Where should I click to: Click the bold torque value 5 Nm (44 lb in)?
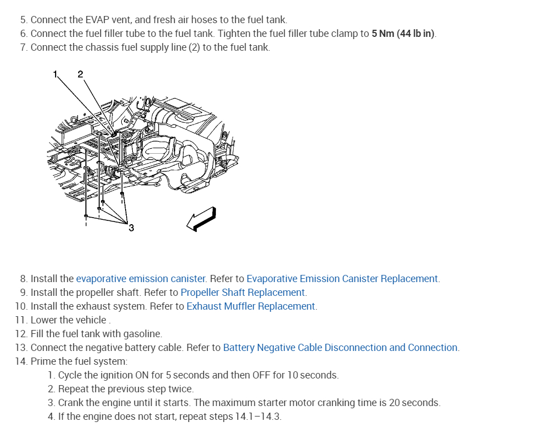(x=403, y=34)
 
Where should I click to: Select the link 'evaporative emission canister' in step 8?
(x=141, y=279)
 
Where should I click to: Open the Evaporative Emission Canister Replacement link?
(x=342, y=279)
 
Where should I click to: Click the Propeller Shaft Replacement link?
(x=242, y=293)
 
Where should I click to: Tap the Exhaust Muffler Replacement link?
(x=251, y=306)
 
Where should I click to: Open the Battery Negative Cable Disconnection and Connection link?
(x=340, y=348)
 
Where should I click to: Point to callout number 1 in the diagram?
(x=55, y=74)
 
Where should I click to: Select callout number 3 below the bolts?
(x=131, y=227)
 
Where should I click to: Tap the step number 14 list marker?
(x=21, y=361)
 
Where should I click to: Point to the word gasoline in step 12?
(x=143, y=334)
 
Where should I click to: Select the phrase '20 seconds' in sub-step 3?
(x=414, y=403)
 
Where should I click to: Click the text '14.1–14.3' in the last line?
(x=258, y=417)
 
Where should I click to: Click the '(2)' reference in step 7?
(x=194, y=47)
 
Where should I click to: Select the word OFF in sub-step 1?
(x=261, y=375)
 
